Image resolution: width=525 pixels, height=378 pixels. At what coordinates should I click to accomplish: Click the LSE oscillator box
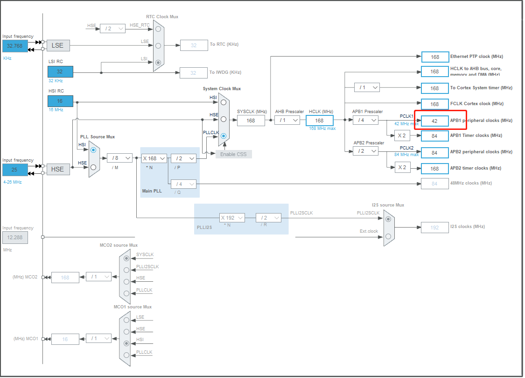(x=57, y=45)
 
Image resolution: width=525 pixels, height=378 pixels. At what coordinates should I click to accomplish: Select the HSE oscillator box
(x=57, y=169)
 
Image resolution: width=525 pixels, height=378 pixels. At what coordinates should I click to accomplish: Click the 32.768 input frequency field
(x=15, y=46)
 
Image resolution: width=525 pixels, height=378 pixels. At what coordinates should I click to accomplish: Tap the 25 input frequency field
(x=15, y=170)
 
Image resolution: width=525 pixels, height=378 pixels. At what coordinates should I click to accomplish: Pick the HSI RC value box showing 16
(x=60, y=101)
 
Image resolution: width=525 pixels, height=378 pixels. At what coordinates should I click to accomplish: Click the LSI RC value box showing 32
(x=60, y=71)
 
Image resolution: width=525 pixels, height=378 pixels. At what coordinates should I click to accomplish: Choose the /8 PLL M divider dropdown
(x=119, y=158)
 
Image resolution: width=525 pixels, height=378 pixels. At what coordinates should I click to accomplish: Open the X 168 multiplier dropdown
(x=154, y=158)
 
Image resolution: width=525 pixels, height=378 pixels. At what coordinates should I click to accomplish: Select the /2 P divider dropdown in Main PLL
(x=183, y=158)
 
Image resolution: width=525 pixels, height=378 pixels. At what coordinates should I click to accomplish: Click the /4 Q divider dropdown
(x=183, y=184)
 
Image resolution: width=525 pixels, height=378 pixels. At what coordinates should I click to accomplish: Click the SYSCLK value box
(x=251, y=120)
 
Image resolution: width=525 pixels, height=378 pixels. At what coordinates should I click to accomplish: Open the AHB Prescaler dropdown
(x=287, y=120)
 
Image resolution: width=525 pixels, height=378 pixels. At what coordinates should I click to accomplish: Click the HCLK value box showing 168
(x=319, y=120)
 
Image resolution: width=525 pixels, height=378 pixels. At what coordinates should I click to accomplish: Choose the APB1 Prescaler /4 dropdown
(x=365, y=120)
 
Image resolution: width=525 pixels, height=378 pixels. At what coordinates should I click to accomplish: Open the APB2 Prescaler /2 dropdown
(x=365, y=151)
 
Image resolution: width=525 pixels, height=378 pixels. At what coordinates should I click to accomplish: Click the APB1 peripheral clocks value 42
(x=434, y=121)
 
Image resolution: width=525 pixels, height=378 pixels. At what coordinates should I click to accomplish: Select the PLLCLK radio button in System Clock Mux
(x=224, y=136)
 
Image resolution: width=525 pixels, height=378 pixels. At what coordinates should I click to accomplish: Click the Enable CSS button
(x=233, y=154)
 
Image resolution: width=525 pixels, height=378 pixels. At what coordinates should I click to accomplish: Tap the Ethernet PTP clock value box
(x=435, y=57)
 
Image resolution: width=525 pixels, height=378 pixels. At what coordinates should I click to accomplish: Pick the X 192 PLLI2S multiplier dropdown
(x=232, y=218)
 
